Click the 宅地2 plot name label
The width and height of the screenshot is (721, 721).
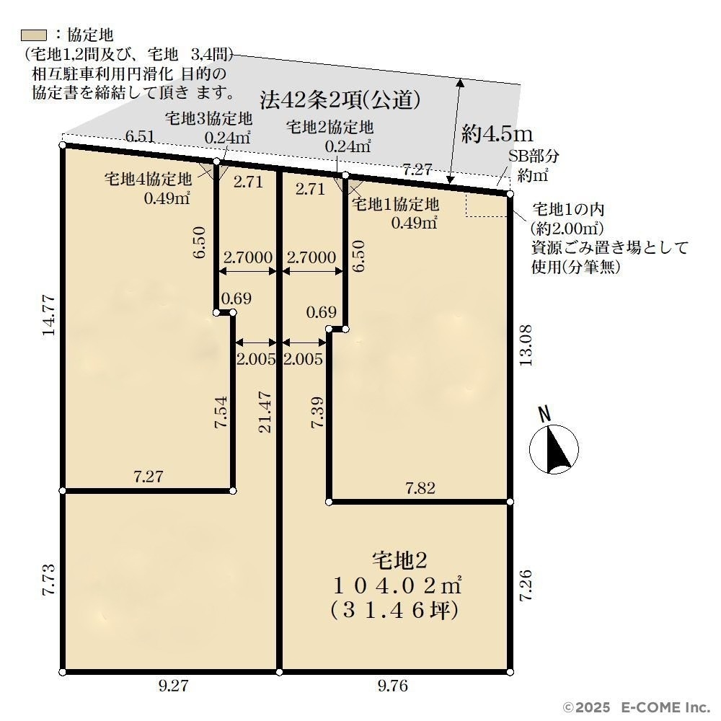pos(399,560)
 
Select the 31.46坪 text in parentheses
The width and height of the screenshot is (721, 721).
pos(394,610)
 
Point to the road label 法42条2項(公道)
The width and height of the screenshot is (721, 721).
pos(340,99)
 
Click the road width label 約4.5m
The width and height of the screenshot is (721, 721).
pos(497,133)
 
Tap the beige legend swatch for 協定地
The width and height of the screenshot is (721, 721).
pos(34,35)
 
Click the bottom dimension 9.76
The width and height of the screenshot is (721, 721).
pos(393,686)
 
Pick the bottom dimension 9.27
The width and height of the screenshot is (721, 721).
pos(173,686)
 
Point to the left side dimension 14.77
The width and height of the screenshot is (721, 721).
pos(49,316)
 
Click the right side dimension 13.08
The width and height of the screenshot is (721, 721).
pos(526,345)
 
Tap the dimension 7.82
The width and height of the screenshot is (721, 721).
pos(420,488)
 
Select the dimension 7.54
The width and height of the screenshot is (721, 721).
pos(221,412)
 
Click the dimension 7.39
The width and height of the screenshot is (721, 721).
pos(318,412)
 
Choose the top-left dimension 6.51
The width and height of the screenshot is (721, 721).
pos(140,136)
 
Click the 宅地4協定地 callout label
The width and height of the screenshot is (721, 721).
pos(148,178)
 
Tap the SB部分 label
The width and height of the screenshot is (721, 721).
pos(534,156)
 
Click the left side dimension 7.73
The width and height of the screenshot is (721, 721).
pos(49,580)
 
